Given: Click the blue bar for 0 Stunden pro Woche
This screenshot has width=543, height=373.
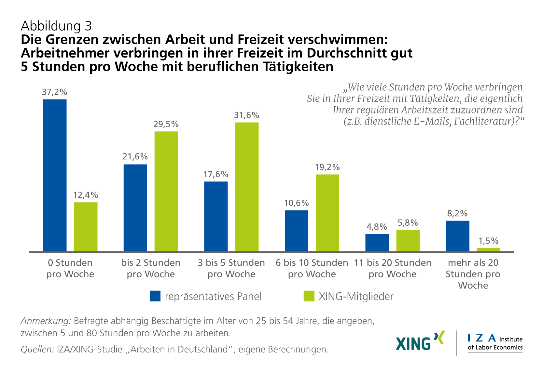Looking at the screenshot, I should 55,175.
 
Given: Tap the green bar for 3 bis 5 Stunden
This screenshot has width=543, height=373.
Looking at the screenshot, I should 247,187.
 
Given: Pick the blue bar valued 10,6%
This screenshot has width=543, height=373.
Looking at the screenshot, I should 296,231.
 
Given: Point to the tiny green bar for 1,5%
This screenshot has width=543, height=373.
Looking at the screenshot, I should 488,250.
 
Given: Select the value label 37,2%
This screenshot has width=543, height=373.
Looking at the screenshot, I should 54,92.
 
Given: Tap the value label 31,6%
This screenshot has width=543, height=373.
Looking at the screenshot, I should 246,115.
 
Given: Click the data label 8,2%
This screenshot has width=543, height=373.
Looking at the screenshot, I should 457,213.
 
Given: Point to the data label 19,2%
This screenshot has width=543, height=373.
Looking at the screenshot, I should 327,167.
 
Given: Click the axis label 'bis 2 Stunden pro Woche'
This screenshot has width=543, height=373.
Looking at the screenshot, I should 151,268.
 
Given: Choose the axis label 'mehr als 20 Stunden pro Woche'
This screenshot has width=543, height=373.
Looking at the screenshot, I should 473,274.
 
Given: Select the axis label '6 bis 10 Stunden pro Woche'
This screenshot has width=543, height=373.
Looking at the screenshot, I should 312,268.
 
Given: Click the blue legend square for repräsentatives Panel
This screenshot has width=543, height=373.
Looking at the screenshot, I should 155,296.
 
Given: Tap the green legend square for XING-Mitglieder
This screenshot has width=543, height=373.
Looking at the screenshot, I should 309,296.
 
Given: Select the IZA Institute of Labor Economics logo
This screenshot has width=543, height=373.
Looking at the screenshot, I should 495,343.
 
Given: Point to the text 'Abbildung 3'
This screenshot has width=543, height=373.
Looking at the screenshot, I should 56,26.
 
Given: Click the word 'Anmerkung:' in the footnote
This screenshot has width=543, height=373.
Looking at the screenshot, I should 46,321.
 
